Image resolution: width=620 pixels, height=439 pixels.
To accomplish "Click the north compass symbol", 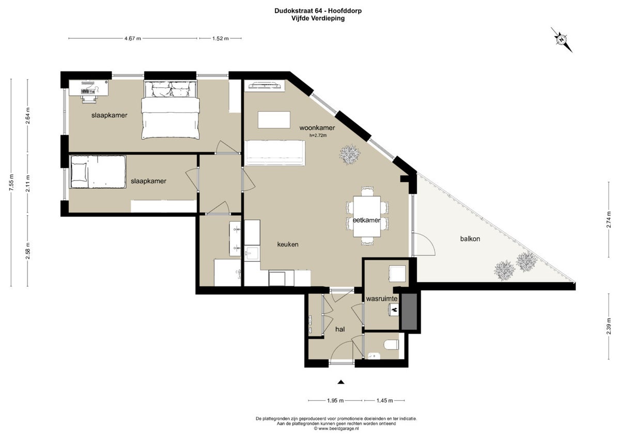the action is tap(561, 40).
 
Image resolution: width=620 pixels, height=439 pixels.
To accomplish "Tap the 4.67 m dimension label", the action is tap(133, 38).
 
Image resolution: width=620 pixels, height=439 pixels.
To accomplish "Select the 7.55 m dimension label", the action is tap(11, 182).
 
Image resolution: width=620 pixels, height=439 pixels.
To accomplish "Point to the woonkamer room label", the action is tap(317, 128).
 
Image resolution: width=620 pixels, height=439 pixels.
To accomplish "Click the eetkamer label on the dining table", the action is tap(366, 220).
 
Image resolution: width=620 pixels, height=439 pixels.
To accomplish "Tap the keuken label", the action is tap(288, 244).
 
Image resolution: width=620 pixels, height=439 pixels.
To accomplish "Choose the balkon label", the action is tap(470, 238).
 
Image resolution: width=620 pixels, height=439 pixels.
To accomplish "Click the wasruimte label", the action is tap(382, 298).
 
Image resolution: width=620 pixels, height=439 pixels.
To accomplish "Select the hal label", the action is tap(340, 329).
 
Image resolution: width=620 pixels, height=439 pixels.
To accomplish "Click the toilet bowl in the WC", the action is tap(392, 344).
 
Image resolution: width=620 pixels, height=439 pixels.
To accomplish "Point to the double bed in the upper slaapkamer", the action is tap(170, 110).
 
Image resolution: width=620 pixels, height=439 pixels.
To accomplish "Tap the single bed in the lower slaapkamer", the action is tap(98, 172).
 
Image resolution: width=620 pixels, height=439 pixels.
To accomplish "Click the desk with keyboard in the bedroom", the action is tap(88, 88).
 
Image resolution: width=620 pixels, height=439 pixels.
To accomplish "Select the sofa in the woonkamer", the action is tap(275, 153).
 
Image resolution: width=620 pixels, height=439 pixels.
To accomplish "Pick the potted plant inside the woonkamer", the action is tap(350, 154).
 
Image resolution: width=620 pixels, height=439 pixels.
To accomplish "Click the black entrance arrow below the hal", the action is tap(341, 382).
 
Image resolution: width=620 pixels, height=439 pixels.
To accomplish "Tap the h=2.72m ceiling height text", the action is tap(318, 135).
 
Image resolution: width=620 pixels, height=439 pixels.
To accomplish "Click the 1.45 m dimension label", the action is tap(384, 401).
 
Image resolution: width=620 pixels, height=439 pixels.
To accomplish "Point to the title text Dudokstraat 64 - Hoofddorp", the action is tap(318, 11).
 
